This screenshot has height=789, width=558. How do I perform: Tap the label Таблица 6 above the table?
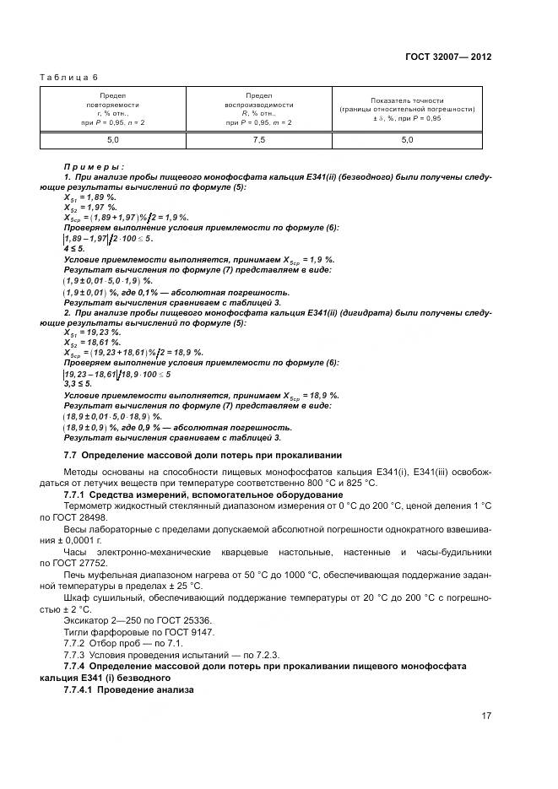coord(68,78)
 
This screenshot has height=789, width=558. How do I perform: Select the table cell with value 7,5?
coord(258,140)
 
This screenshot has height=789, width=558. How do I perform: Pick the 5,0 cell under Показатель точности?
coord(407,140)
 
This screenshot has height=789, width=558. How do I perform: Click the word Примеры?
coord(94,167)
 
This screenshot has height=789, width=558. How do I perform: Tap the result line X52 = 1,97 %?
coord(89,207)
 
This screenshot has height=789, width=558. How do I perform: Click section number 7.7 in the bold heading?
coord(71,455)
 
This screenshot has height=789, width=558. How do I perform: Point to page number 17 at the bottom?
coord(485,716)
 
